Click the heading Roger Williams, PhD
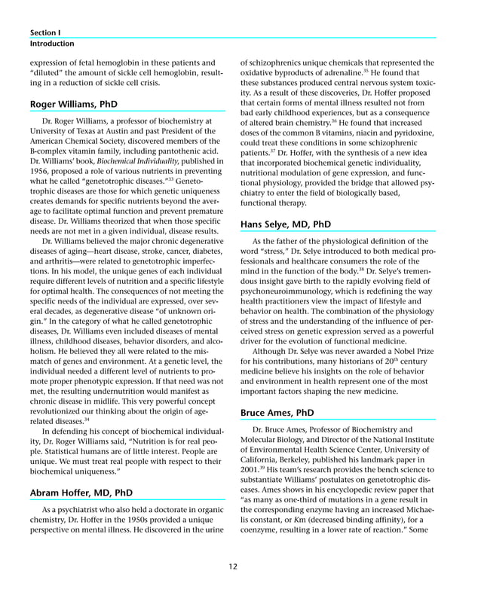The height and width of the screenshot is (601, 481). (x=74, y=103)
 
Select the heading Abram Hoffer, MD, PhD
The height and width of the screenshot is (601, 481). (x=81, y=493)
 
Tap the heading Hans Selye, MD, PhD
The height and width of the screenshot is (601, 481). (x=285, y=224)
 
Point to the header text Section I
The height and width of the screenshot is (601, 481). (x=45, y=33)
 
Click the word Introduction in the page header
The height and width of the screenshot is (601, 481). (x=52, y=44)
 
